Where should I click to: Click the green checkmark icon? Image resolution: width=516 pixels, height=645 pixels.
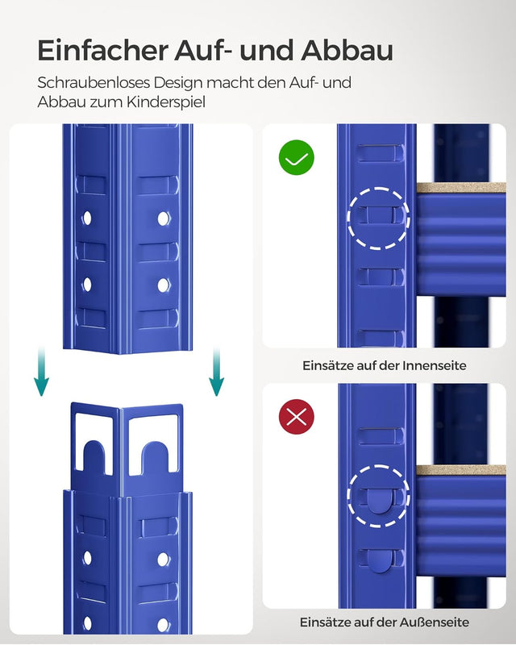click(x=296, y=159)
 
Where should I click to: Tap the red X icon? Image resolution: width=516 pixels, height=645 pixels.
click(x=296, y=417)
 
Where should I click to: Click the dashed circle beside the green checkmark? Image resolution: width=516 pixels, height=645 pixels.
click(x=378, y=218)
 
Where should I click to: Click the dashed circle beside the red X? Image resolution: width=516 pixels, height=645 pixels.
click(x=378, y=496)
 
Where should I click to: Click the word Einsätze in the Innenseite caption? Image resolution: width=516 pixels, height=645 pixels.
click(x=327, y=365)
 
